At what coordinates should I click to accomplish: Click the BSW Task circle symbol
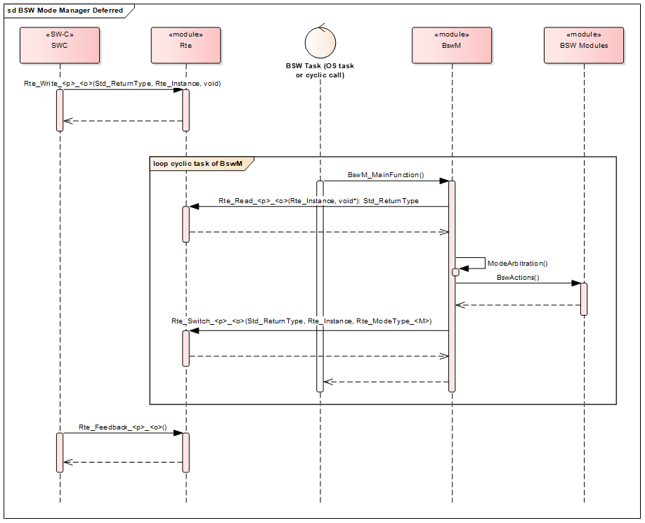coord(320,44)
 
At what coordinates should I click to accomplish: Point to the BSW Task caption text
coord(320,70)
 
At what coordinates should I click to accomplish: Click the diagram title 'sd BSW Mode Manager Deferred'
coord(65,11)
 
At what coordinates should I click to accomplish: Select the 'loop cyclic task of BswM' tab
coord(197,163)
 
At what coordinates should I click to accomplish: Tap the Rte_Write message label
coord(122,84)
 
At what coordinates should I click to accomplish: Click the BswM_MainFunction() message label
coord(386,174)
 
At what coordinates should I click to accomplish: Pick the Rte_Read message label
coord(318,201)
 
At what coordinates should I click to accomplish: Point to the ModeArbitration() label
coord(517,263)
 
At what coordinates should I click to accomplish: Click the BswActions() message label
coord(518,278)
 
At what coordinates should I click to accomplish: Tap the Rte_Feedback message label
coord(118,427)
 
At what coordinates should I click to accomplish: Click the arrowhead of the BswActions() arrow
coord(576,283)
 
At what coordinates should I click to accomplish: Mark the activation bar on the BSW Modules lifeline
coord(584,299)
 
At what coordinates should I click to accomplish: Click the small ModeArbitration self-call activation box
coord(455,272)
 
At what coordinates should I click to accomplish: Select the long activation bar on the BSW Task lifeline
coord(320,285)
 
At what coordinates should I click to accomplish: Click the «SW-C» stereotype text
coord(60,34)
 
